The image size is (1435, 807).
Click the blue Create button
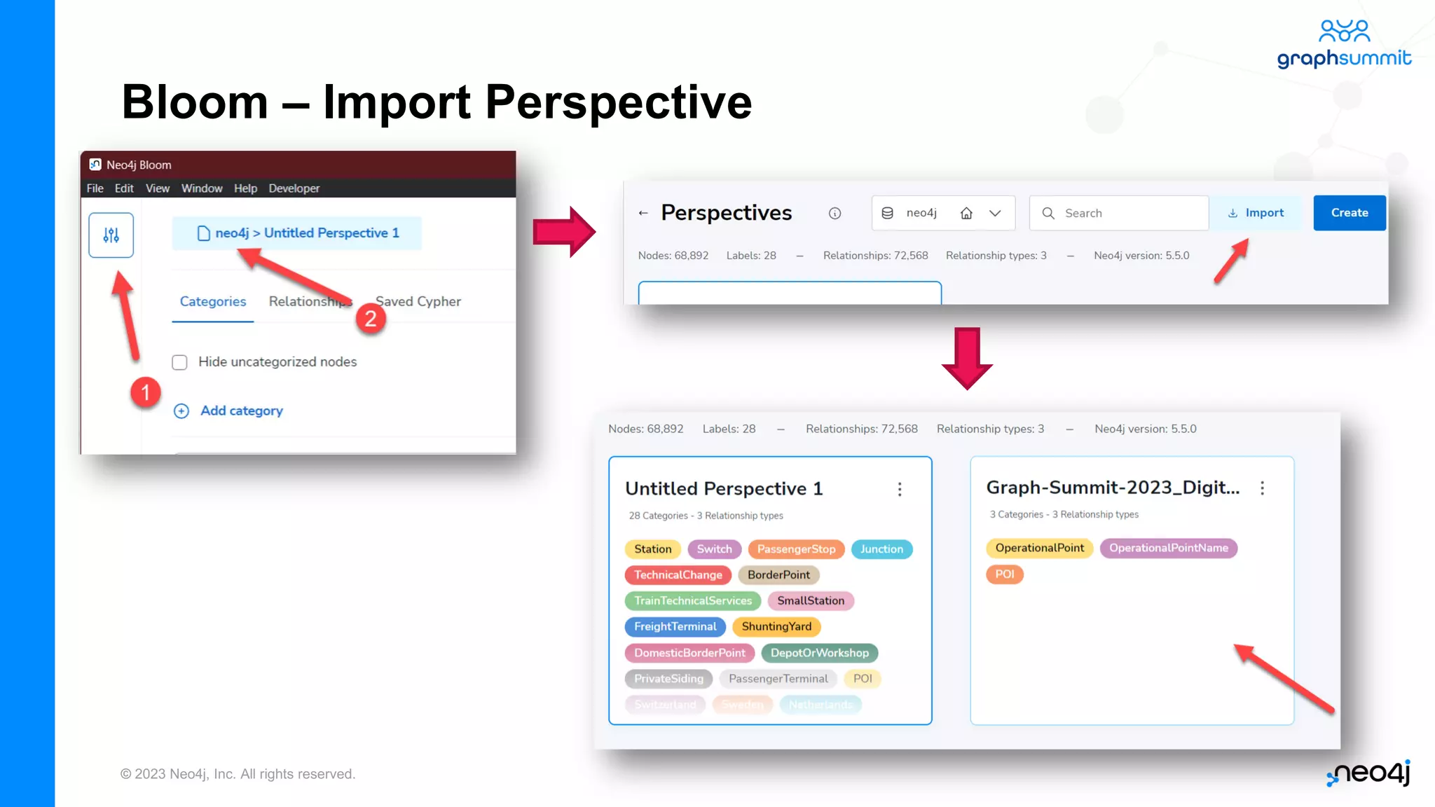click(x=1349, y=213)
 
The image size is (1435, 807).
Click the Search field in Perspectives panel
click(x=1119, y=213)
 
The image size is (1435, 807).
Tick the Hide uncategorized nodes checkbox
click(x=180, y=362)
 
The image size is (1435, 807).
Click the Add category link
click(x=241, y=411)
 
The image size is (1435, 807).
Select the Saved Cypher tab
click(x=418, y=302)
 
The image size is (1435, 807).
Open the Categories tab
click(x=213, y=302)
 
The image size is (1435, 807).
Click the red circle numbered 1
click(x=145, y=392)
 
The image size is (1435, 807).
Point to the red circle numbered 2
click(x=371, y=319)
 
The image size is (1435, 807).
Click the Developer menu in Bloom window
click(x=294, y=188)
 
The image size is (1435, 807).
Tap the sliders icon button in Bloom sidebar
click(x=111, y=235)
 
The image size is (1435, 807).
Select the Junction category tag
click(x=881, y=549)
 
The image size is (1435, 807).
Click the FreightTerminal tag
click(x=675, y=627)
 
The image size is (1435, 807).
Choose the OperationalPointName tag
click(x=1168, y=548)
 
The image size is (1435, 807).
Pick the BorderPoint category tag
click(x=778, y=575)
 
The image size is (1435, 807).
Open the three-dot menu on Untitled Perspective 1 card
click(x=900, y=489)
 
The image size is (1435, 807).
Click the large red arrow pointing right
click(x=565, y=232)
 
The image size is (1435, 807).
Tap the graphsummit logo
click(x=1344, y=45)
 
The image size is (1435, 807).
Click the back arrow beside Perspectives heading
click(x=643, y=213)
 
